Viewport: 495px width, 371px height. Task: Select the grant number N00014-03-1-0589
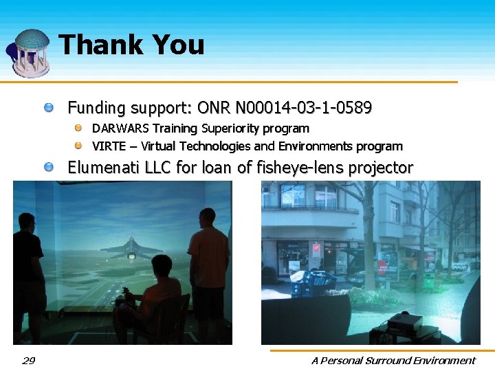coord(303,108)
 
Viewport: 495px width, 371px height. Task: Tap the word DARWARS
coord(120,128)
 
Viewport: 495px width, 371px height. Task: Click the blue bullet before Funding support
coord(49,108)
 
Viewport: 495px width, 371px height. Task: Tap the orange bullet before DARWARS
coord(79,128)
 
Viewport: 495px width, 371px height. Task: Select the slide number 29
coord(28,360)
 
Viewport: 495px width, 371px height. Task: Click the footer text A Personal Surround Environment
coord(393,360)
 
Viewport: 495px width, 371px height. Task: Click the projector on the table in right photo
coord(404,322)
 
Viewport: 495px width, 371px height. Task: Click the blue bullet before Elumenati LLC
coord(49,168)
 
